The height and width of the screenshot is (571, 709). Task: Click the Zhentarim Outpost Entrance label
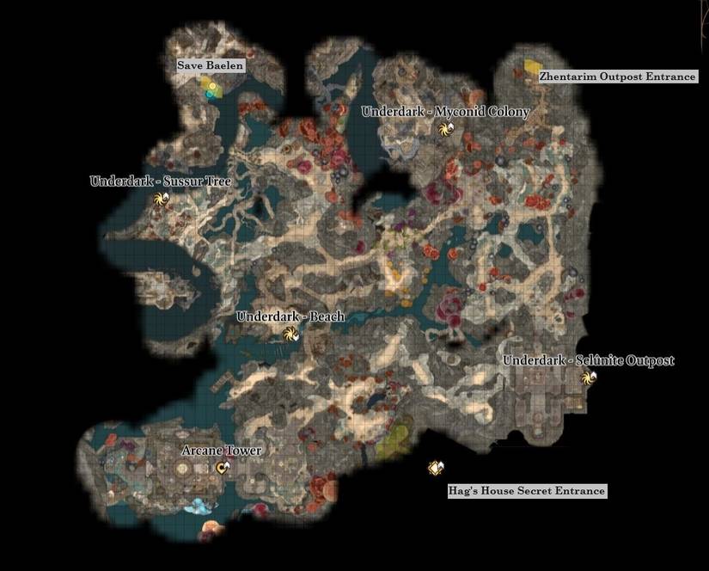pos(617,77)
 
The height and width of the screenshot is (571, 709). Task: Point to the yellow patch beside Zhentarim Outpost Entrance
pos(533,65)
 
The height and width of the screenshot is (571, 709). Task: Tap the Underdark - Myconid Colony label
pos(445,112)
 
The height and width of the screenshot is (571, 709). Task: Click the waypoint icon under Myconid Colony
pos(445,129)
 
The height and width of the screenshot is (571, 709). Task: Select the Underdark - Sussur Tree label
pos(161,181)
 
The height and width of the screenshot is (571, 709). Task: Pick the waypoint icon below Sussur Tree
pos(160,200)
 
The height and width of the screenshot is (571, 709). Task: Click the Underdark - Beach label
pos(290,316)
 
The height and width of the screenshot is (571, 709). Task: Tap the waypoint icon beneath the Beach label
pos(290,334)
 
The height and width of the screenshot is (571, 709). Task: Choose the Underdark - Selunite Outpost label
pos(589,360)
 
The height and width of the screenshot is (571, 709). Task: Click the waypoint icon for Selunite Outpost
pos(589,378)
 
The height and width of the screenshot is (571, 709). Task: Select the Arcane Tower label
pos(222,451)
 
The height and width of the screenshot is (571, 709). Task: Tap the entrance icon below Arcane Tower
pos(223,468)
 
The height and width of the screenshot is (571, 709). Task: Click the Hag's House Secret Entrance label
pos(527,491)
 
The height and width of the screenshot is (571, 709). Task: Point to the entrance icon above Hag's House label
pos(436,468)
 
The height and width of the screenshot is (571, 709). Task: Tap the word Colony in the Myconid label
pos(509,112)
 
